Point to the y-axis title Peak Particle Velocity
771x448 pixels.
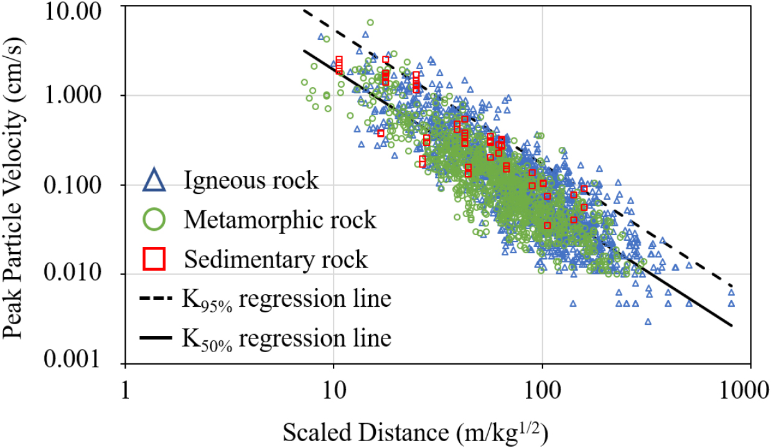[16, 187]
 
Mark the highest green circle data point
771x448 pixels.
[370, 22]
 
